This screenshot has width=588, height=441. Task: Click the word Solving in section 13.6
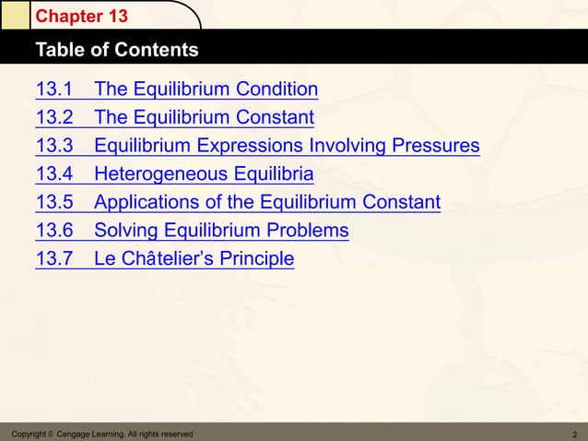click(x=126, y=231)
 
